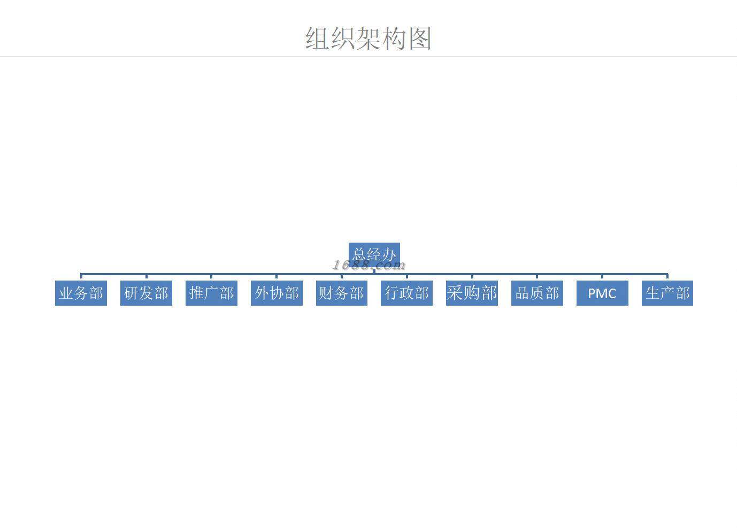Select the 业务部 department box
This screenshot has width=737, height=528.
81,293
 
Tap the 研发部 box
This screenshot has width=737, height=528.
146,293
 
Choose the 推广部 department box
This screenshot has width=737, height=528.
211,293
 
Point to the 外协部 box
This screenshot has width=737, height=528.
277,293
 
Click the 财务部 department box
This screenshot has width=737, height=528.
341,293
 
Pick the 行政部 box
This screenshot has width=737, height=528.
406,293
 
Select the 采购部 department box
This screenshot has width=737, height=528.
472,293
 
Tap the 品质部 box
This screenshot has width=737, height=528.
537,293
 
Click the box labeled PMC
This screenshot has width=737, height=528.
602,293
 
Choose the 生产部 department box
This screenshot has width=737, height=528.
667,293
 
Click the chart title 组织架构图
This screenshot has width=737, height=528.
368,38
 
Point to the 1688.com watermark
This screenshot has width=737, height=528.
369,265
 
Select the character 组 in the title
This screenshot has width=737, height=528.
318,38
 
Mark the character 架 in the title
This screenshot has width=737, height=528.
369,38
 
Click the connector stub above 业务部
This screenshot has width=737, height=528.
81,277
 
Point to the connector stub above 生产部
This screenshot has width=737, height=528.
667,277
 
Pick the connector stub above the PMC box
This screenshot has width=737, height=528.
602,277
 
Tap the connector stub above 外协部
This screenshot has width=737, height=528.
277,277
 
